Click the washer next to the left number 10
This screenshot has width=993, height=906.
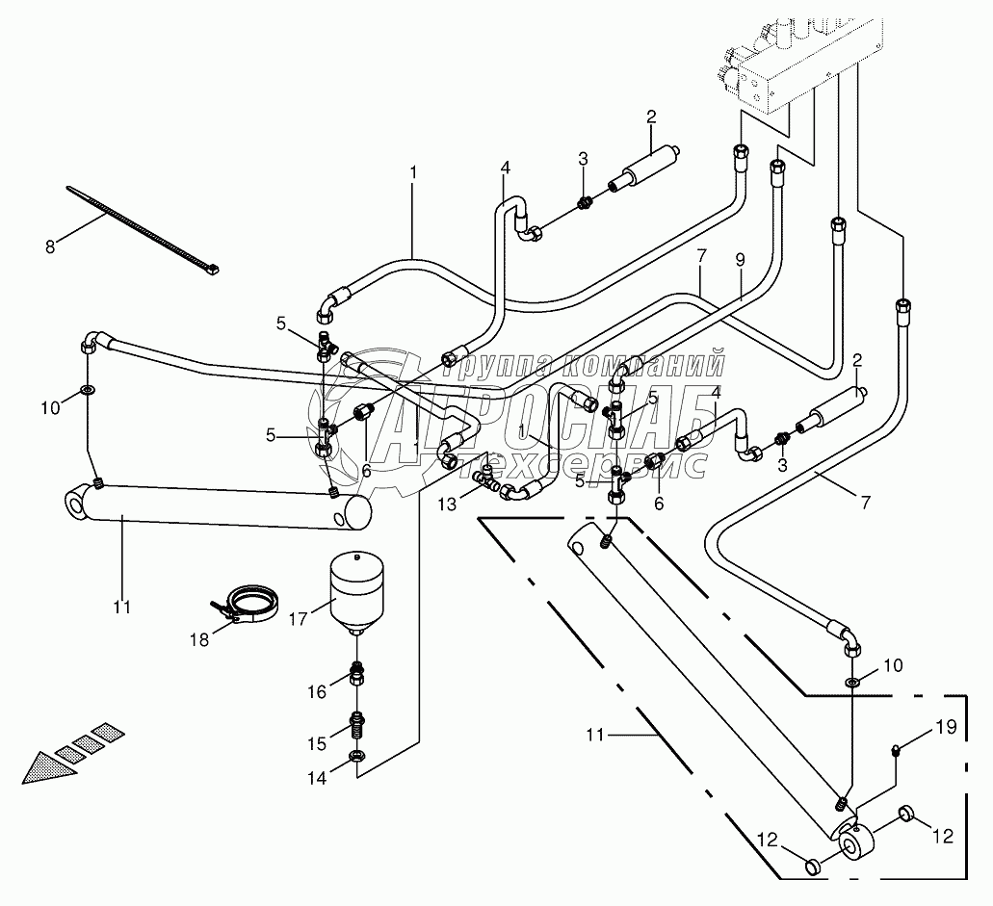click(88, 392)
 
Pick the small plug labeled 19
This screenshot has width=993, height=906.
click(897, 750)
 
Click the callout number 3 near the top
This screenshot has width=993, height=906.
click(583, 158)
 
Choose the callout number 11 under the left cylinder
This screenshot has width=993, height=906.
click(120, 608)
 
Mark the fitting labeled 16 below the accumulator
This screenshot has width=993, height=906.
click(356, 674)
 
